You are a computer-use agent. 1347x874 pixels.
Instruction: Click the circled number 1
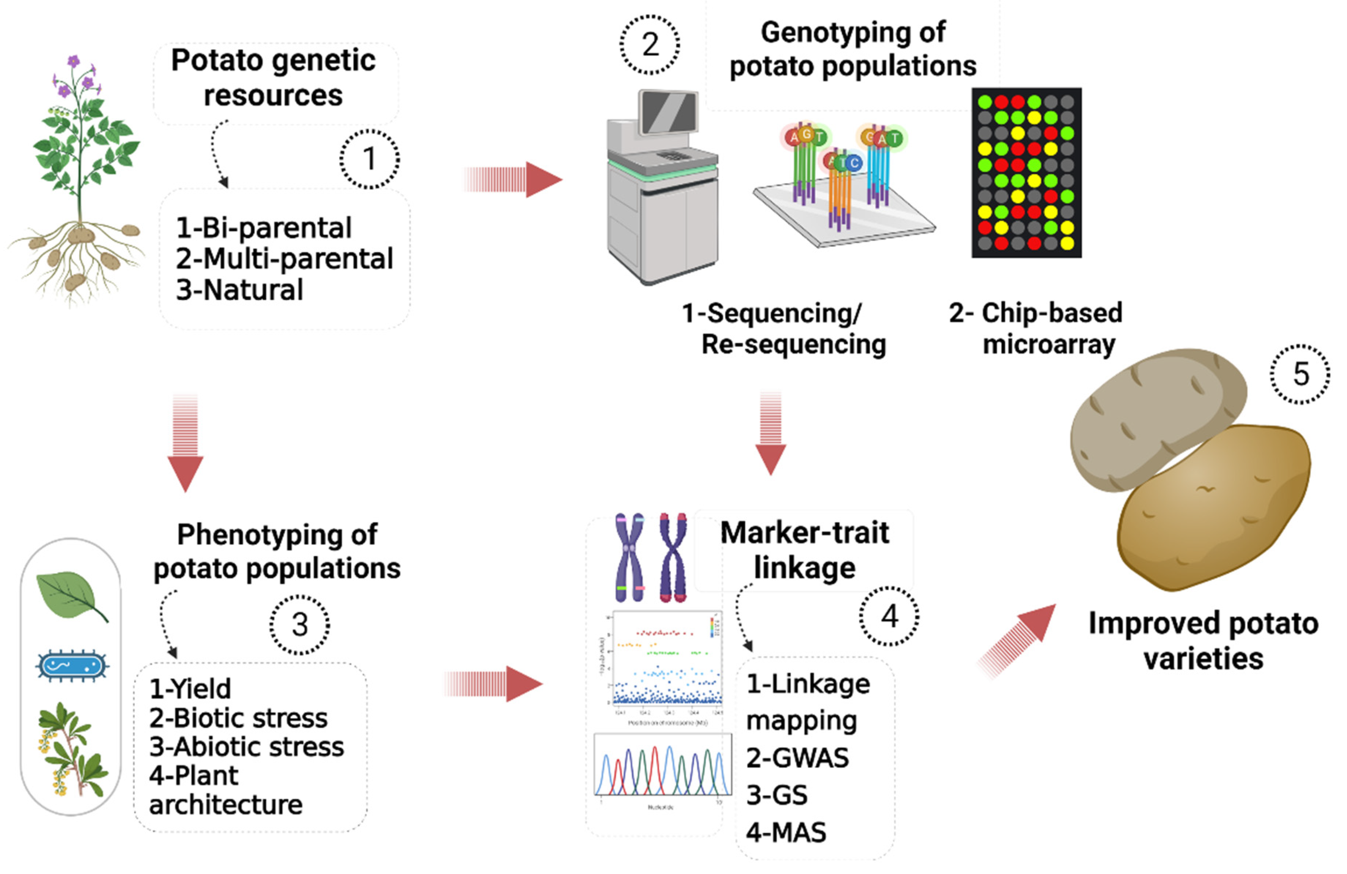369,159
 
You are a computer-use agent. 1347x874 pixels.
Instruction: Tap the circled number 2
650,45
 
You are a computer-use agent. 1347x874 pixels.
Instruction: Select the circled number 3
299,625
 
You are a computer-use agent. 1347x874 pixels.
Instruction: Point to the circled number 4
889,616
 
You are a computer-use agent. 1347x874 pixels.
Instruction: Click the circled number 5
1301,374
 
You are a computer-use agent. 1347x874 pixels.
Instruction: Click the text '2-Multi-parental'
284,259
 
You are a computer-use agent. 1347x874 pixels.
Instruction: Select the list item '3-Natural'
239,290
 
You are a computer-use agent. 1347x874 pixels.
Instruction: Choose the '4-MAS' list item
786,833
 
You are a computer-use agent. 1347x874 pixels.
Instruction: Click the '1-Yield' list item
190,689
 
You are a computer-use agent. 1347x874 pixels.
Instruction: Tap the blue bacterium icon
71,666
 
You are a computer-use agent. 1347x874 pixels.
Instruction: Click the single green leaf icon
71,596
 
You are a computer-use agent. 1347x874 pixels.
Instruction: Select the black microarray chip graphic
1026,173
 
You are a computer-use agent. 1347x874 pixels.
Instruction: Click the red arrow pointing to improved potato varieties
1019,639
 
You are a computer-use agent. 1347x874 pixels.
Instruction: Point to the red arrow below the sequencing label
770,433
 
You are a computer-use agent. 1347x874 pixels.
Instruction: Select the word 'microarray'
1049,344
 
